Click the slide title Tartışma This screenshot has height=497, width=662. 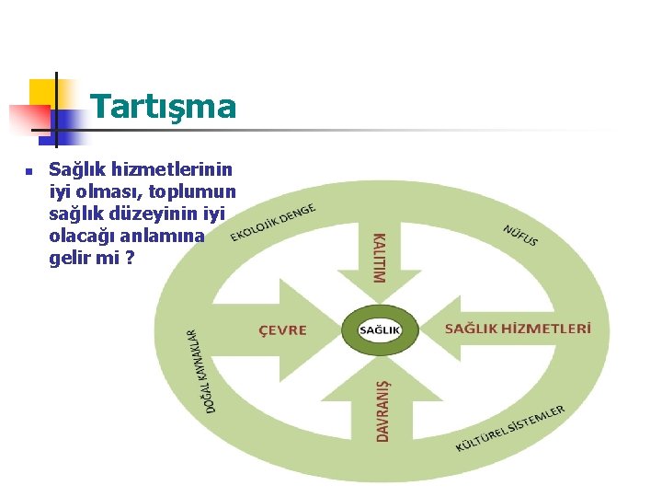point(164,107)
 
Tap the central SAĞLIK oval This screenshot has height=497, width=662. point(380,329)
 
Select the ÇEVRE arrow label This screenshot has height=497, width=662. point(282,329)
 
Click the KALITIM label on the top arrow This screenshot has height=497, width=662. point(379,257)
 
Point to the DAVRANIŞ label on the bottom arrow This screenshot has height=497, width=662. point(382,410)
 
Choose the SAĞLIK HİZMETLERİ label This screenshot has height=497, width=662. point(518,329)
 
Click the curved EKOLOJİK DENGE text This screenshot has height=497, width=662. point(273,222)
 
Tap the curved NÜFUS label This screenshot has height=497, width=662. point(520,236)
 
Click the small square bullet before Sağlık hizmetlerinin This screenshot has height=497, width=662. point(29,171)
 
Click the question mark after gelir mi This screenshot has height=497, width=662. point(130,259)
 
